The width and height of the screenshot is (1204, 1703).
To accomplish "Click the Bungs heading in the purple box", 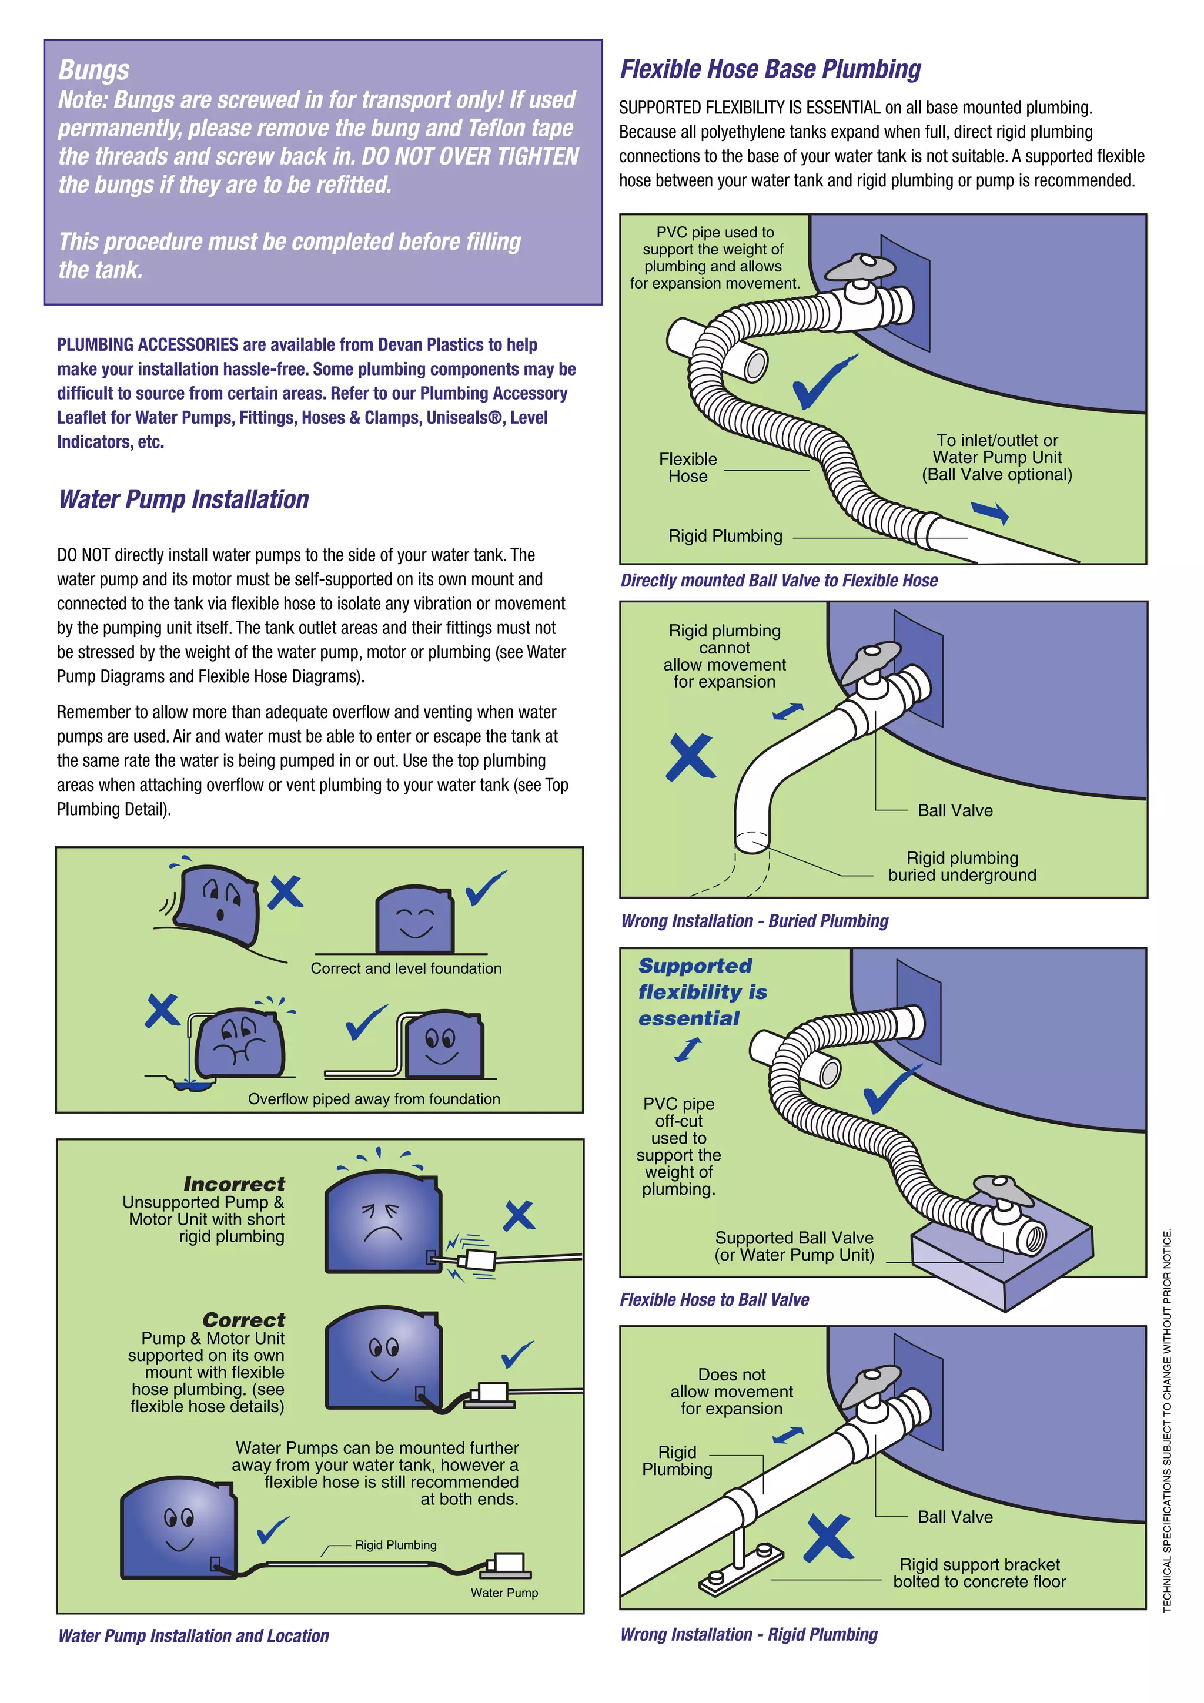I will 93,70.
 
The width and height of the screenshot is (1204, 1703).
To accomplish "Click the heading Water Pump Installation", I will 183,499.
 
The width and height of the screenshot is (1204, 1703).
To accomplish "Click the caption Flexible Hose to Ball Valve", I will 714,1299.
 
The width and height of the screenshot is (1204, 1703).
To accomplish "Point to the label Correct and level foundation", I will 405,968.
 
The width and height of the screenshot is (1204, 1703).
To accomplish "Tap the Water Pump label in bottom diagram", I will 504,1593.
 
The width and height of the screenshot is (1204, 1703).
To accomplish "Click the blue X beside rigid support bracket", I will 828,1538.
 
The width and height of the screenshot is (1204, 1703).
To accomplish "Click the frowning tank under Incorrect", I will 383,1222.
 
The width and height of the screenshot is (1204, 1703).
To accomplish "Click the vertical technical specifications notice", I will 1167,1420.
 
